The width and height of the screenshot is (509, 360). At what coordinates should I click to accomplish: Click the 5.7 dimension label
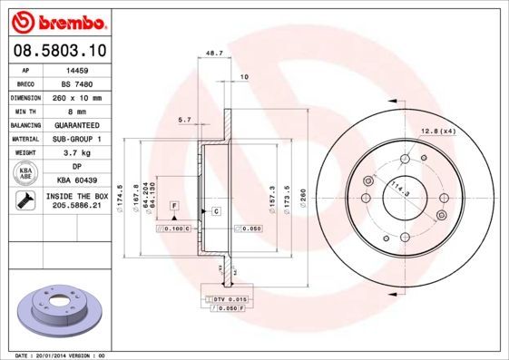(x=185, y=120)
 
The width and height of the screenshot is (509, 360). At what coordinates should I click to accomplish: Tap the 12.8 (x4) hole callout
(x=437, y=132)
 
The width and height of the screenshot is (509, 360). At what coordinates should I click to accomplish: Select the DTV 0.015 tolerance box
(x=230, y=298)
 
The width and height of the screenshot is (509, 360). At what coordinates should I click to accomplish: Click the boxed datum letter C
(x=217, y=210)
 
